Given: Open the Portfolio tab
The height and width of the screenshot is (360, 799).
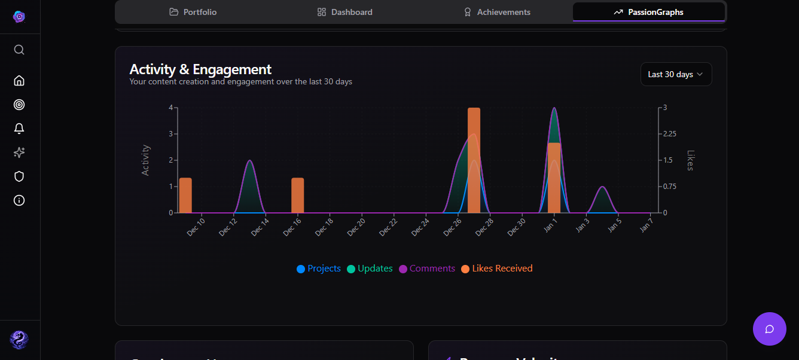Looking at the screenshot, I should [193, 12].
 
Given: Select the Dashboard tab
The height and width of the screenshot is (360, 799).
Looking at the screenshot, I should [345, 12].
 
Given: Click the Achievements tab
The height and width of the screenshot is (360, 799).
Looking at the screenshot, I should [497, 12].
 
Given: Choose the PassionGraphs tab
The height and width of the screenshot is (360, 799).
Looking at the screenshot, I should [649, 12].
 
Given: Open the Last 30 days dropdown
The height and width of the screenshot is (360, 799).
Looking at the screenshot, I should [676, 74].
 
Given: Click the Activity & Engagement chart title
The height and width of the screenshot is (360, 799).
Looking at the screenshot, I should [200, 69].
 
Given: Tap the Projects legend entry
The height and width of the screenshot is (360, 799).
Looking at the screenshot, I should [319, 269].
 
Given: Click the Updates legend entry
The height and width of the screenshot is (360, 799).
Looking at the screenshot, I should [370, 269].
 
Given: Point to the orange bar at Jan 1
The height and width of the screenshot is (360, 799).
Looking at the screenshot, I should [554, 178].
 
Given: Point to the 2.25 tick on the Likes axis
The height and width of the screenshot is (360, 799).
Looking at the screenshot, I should [669, 134].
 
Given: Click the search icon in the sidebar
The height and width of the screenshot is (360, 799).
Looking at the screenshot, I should [19, 50].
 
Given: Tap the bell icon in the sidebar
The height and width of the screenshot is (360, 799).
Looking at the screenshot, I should [19, 129].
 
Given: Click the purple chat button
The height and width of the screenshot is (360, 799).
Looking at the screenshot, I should [770, 329].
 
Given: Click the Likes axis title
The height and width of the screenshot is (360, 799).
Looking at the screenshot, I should [690, 160].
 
